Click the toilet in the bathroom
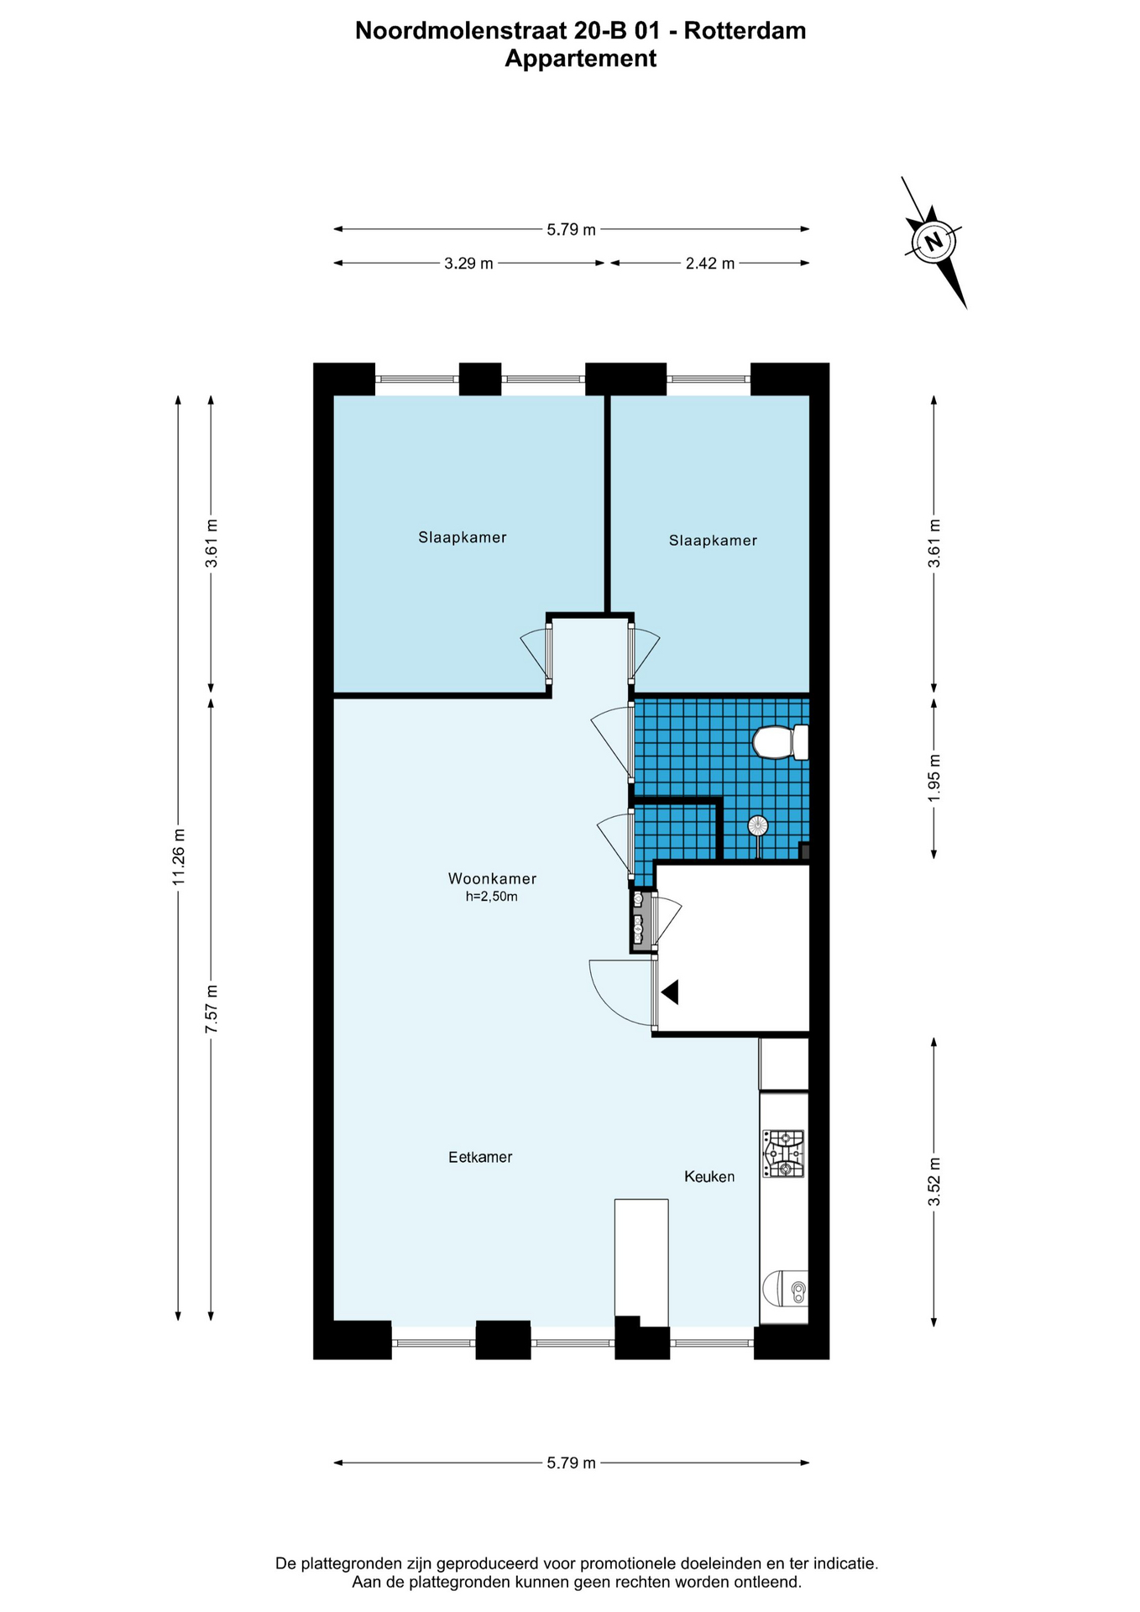(781, 742)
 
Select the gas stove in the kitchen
(783, 1154)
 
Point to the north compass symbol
(933, 243)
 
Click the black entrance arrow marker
(670, 992)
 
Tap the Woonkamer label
(492, 879)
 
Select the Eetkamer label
(480, 1157)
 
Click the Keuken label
(709, 1177)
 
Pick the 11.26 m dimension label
(178, 856)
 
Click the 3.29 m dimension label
(468, 264)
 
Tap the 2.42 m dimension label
(710, 264)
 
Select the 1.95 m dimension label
(934, 777)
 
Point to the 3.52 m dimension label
(934, 1181)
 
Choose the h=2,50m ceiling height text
(492, 897)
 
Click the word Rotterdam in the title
(745, 31)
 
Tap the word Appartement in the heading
(580, 60)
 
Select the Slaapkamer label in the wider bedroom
(463, 537)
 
